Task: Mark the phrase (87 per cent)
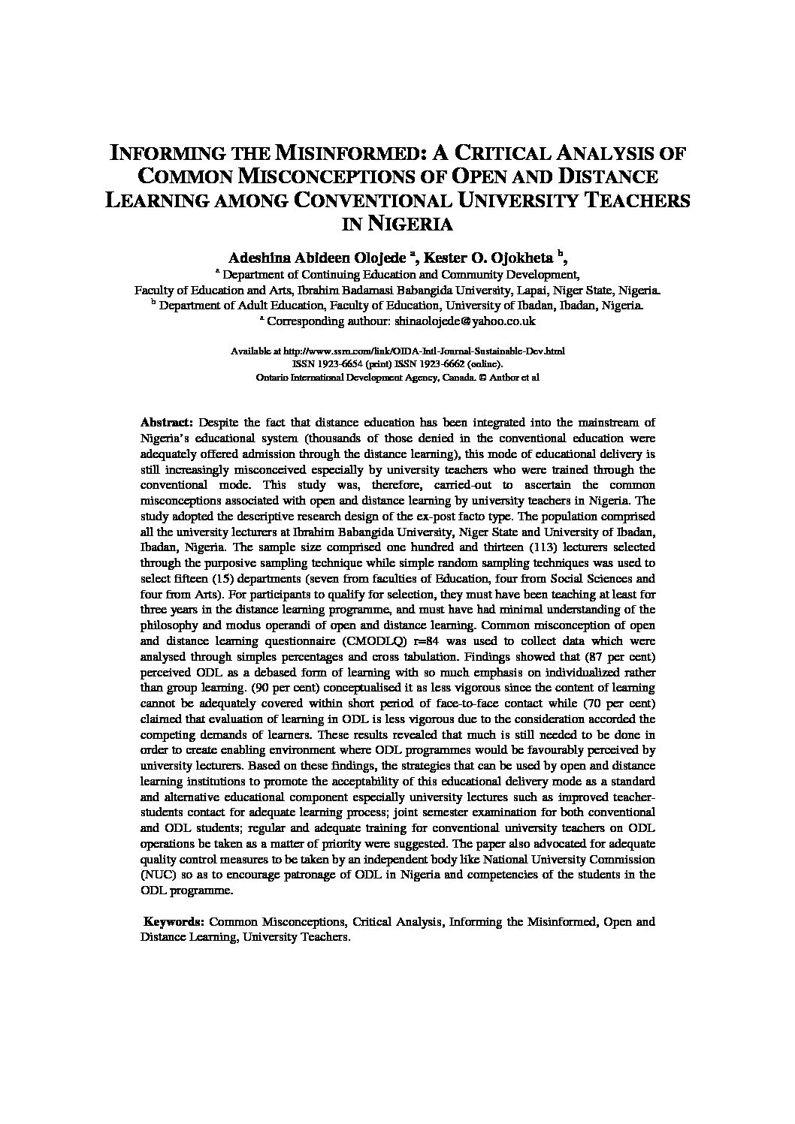pyautogui.click(x=620, y=655)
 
